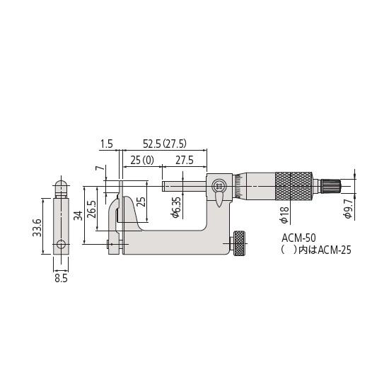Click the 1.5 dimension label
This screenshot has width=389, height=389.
(107, 144)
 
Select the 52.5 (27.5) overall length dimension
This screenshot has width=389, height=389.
(165, 144)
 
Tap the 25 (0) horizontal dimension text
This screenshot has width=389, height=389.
(139, 161)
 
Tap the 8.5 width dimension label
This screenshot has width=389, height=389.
(61, 279)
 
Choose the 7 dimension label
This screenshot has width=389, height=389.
(98, 170)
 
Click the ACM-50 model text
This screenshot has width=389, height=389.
(297, 240)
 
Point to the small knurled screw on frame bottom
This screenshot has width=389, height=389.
(240, 245)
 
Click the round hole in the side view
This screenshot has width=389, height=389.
(61, 245)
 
